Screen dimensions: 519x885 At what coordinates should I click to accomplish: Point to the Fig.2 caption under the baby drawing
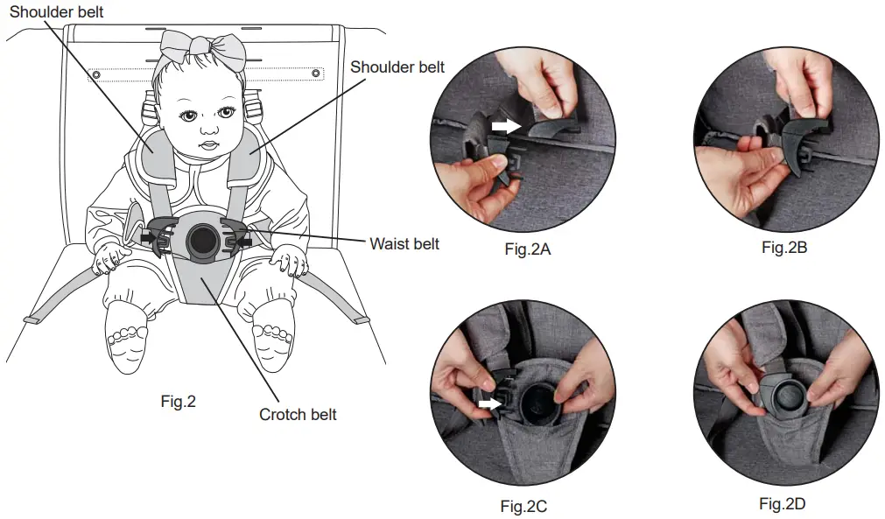pyautogui.click(x=179, y=402)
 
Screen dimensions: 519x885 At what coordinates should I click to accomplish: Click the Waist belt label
pyautogui.click(x=404, y=244)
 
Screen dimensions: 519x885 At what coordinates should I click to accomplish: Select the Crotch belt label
pyautogui.click(x=298, y=414)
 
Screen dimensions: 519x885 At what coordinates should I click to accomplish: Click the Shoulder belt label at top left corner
pyautogui.click(x=57, y=11)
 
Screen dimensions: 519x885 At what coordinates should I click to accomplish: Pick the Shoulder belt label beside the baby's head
pyautogui.click(x=397, y=67)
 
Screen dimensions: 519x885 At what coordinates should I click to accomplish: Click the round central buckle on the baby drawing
pyautogui.click(x=201, y=238)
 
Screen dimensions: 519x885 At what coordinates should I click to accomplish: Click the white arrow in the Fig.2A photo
pyautogui.click(x=505, y=127)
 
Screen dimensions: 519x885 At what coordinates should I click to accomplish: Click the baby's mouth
pyautogui.click(x=207, y=145)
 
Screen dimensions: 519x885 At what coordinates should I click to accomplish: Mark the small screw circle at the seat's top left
pyautogui.click(x=95, y=74)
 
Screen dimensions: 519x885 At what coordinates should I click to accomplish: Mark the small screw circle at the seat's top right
pyautogui.click(x=315, y=74)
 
